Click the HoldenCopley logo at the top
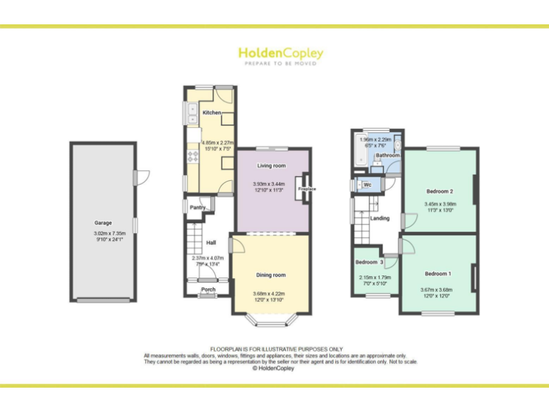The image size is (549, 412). pyautogui.click(x=280, y=54)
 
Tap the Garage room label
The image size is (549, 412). pyautogui.click(x=103, y=223)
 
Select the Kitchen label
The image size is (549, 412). pyautogui.click(x=212, y=113)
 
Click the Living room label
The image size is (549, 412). pyautogui.click(x=271, y=166)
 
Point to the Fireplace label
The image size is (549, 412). pyautogui.click(x=307, y=189)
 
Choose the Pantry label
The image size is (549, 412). pyautogui.click(x=197, y=208)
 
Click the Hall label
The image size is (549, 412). pyautogui.click(x=212, y=242)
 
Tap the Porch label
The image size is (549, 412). pyautogui.click(x=208, y=290)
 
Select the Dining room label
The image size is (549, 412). pyautogui.click(x=271, y=275)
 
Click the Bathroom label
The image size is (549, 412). pyautogui.click(x=387, y=155)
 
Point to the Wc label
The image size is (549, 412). pyautogui.click(x=367, y=185)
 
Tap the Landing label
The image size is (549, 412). pyautogui.click(x=380, y=218)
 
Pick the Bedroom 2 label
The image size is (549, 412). pyautogui.click(x=440, y=192)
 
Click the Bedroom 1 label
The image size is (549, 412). pyautogui.click(x=437, y=274)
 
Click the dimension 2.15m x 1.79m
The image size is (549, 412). pyautogui.click(x=375, y=277)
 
